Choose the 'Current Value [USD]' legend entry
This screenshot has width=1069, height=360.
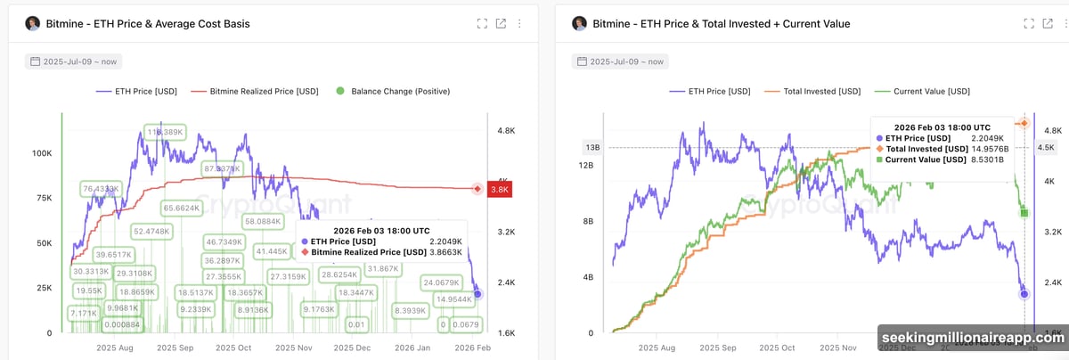coord(926,91)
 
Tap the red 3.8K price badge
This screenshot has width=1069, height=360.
coord(501,189)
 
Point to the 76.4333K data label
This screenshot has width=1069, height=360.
coord(100,189)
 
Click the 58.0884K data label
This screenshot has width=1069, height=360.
coord(263,221)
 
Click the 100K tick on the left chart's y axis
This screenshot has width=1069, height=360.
coord(41,153)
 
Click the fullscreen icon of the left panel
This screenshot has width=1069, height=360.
coord(482,24)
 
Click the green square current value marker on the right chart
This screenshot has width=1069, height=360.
coord(1024,212)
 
